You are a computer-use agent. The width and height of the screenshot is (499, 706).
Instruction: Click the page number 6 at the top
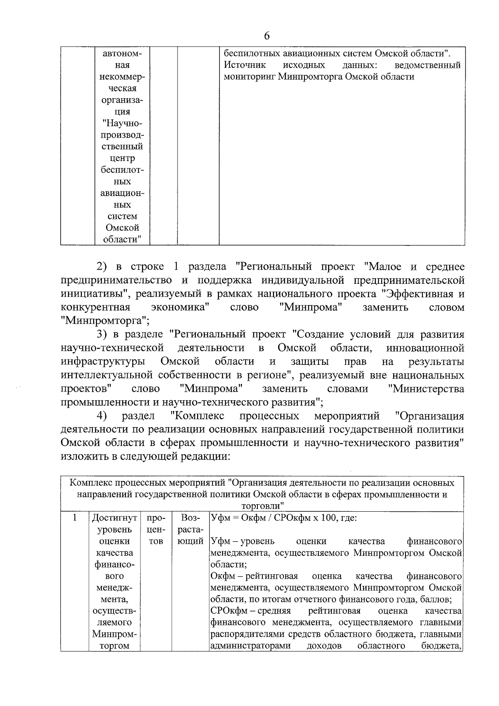[x=267, y=36]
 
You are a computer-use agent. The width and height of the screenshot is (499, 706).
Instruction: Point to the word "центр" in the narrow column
[x=122, y=159]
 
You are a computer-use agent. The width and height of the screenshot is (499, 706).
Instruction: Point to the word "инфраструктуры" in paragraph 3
[x=103, y=362]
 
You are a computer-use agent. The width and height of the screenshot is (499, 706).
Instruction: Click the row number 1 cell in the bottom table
[x=75, y=518]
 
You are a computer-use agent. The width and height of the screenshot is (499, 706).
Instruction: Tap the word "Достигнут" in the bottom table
[x=114, y=518]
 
